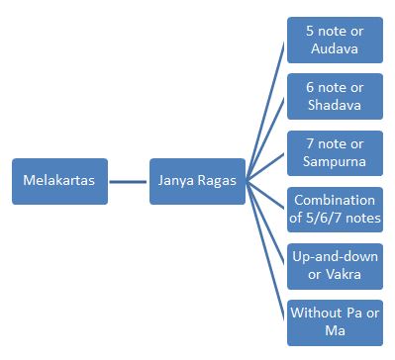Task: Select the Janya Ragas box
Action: tap(197, 181)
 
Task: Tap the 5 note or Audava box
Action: tap(335, 39)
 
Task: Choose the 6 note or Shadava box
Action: tap(335, 95)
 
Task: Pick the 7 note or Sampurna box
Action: tap(335, 152)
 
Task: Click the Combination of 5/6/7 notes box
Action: tap(335, 209)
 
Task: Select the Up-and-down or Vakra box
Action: tap(335, 265)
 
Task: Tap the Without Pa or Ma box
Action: tap(335, 322)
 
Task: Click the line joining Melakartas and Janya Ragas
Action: tap(129, 181)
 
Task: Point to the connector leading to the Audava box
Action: tap(266, 109)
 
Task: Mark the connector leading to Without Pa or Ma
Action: tap(266, 252)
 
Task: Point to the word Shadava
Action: tap(335, 104)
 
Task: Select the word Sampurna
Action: tap(335, 161)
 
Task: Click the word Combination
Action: tap(335, 200)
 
